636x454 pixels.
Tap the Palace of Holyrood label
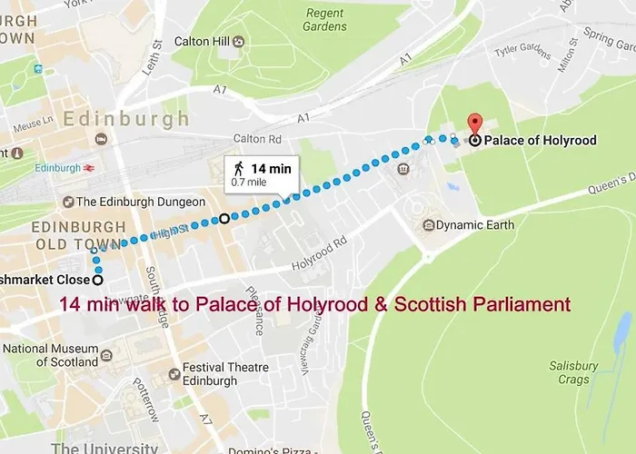tap(540, 141)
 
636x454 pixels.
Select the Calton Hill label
tap(201, 42)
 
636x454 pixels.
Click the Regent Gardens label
tap(325, 19)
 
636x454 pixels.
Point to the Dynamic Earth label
tap(474, 224)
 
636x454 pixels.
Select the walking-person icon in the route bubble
tap(239, 168)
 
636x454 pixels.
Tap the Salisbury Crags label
tap(573, 372)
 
